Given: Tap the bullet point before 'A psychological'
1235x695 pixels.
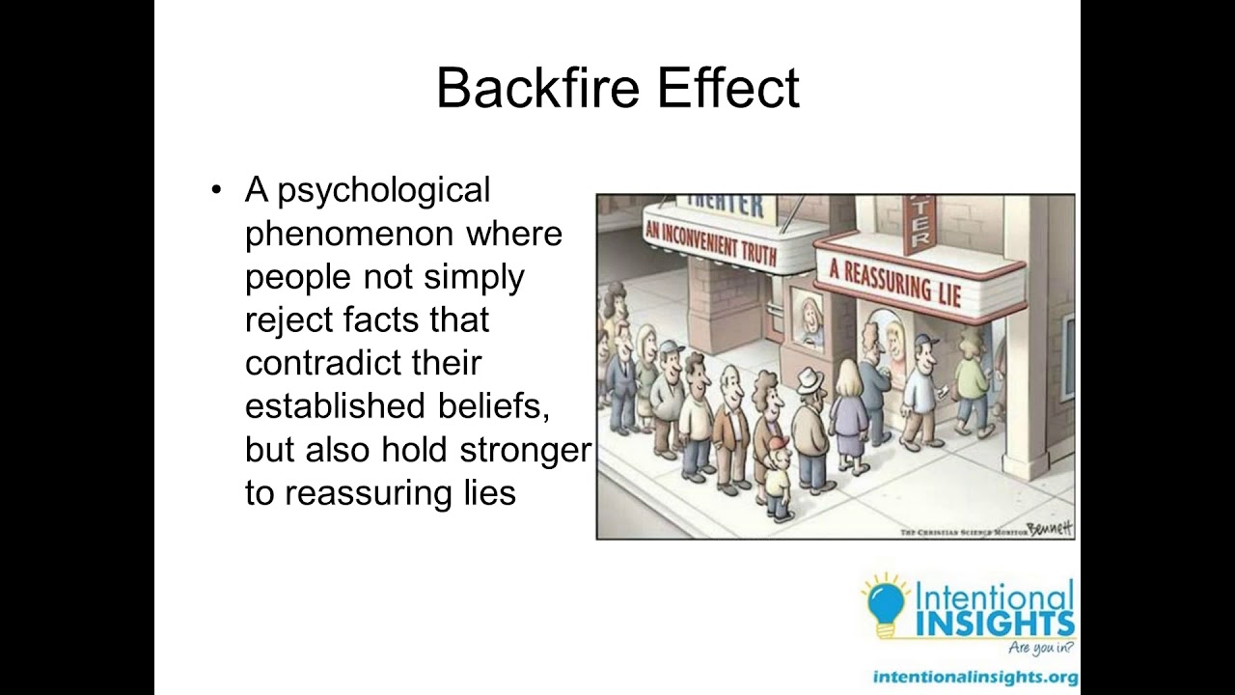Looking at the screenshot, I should [x=216, y=190].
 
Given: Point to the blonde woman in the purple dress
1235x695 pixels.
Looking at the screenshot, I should [x=848, y=415].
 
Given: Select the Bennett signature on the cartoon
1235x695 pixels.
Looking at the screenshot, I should [x=1050, y=527].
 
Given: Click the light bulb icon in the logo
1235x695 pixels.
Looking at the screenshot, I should [x=884, y=606].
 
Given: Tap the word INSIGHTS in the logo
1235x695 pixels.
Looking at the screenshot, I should [x=994, y=623].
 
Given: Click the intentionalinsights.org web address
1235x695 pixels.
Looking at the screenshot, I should [x=974, y=677].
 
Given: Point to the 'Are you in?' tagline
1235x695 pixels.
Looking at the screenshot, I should [x=1039, y=649].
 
